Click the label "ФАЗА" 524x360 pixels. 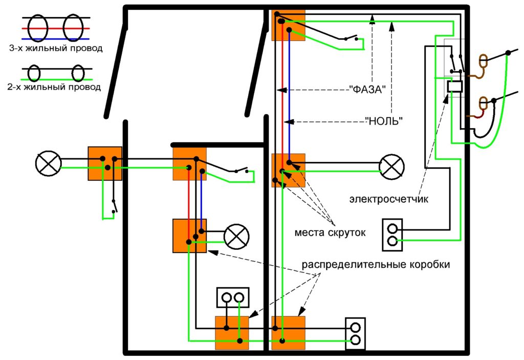coord(367,89)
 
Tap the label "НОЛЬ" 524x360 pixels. coord(383,121)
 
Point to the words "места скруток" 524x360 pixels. coord(330,233)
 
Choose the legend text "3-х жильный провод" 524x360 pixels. coord(56,49)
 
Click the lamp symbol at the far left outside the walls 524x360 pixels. coord(48,164)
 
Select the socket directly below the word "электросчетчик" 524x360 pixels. coord(392,235)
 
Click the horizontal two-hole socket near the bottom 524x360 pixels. coord(233,297)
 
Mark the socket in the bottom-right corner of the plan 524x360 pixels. coord(356,334)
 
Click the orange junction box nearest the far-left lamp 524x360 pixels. coord(105,163)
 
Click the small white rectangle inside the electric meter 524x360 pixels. coord(454,87)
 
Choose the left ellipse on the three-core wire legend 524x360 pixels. coord(39,28)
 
